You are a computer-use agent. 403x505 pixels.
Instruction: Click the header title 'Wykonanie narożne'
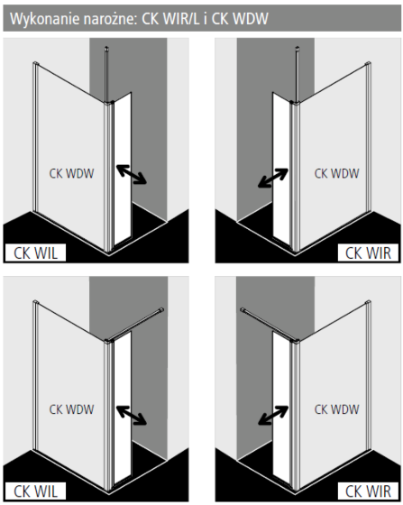click(x=73, y=19)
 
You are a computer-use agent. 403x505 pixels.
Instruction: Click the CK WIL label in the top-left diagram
click(x=35, y=253)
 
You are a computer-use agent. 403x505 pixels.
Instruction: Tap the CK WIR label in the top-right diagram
click(x=368, y=253)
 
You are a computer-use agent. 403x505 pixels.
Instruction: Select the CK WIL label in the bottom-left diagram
click(x=35, y=491)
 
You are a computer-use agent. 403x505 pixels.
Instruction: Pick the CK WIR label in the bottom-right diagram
click(x=368, y=491)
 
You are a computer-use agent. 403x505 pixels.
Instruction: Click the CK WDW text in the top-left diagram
click(x=71, y=173)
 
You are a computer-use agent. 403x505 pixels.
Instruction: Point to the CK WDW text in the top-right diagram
click(x=336, y=173)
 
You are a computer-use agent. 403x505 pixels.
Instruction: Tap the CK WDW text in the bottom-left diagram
click(x=71, y=409)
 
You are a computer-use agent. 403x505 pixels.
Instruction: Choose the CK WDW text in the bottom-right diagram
click(x=336, y=409)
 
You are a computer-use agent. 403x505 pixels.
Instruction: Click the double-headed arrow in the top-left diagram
click(x=132, y=174)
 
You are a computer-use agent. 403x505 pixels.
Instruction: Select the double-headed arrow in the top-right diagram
click(x=273, y=178)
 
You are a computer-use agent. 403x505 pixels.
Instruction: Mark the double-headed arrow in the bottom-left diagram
click(x=132, y=415)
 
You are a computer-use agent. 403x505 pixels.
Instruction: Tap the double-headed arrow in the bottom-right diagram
click(x=273, y=416)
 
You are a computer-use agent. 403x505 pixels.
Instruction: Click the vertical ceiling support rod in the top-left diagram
click(x=107, y=74)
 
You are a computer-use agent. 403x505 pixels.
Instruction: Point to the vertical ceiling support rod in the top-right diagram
click(x=297, y=74)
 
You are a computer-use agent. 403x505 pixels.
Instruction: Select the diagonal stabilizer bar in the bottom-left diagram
click(x=135, y=325)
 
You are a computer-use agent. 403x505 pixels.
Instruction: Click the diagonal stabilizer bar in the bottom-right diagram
click(x=270, y=325)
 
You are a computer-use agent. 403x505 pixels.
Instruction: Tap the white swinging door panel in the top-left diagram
click(x=123, y=170)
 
